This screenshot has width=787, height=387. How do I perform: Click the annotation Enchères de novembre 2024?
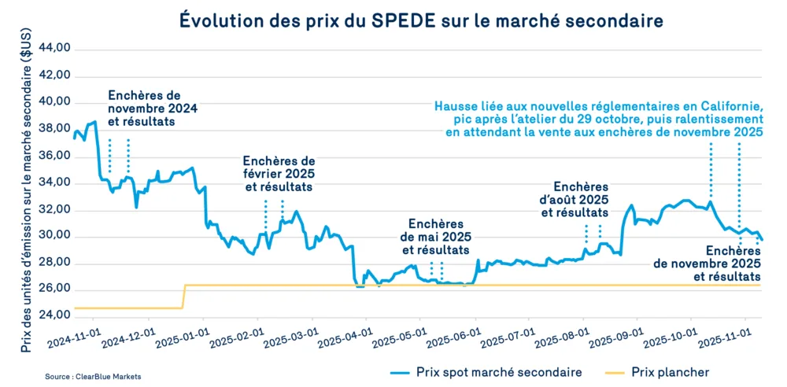click(153, 109)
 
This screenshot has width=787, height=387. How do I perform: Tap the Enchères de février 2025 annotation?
click(279, 173)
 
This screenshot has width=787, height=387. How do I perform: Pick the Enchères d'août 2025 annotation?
click(582, 200)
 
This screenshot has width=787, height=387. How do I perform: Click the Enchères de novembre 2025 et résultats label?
click(707, 264)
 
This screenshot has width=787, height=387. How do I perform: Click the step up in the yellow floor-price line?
click(183, 297)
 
